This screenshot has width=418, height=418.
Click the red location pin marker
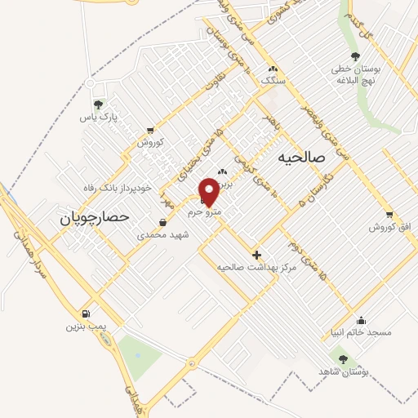point(211,190)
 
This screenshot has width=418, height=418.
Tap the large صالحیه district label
point(301,155)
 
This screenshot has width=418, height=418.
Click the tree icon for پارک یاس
point(99,104)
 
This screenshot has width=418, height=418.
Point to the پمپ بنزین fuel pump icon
point(87,313)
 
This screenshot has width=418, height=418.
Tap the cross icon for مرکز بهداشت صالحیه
point(257,255)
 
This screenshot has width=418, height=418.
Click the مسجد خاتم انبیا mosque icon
point(362,320)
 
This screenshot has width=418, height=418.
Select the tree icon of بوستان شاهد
point(342,358)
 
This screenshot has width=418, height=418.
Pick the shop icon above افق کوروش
point(389,214)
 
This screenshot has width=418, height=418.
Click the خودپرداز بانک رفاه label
point(118,188)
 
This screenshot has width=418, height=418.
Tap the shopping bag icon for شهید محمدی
point(163,222)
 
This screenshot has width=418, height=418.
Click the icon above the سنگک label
point(272,69)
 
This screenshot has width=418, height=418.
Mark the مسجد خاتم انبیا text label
point(362,332)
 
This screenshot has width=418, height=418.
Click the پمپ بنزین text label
point(87,327)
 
